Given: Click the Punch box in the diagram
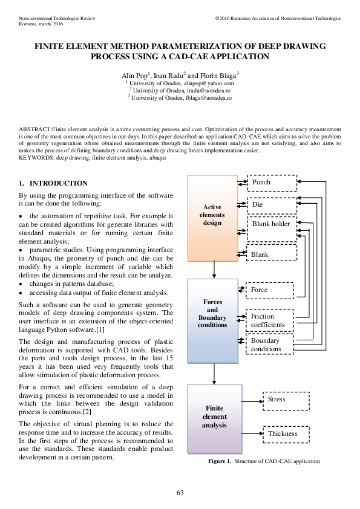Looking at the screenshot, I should (x=272, y=183).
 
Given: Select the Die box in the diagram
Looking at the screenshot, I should (x=272, y=205).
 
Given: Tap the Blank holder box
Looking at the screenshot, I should (x=272, y=229).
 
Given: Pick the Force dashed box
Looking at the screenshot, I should (x=269, y=290).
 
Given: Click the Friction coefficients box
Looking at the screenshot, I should (x=269, y=320).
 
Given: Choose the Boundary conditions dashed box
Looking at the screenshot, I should (x=269, y=345).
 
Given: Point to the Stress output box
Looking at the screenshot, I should (x=285, y=400).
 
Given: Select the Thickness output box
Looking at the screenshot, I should (x=285, y=433).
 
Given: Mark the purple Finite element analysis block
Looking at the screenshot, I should (x=214, y=418).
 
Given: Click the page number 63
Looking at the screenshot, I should (x=180, y=493).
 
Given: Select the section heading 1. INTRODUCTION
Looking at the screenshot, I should (x=53, y=183).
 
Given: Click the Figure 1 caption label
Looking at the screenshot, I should (x=220, y=461).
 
